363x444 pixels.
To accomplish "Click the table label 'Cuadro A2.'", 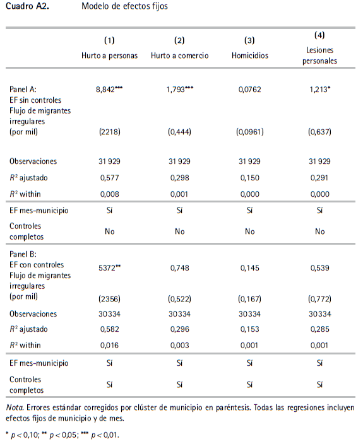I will (27, 7).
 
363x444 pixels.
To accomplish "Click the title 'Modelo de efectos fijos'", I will (124, 7).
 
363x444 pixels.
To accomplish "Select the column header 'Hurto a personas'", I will (109, 56).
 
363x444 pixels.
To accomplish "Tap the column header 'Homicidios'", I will (249, 56).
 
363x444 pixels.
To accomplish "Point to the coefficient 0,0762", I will (249, 90).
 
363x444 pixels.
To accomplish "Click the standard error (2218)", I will (109, 132).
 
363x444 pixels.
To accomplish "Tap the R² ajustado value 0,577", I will (109, 179).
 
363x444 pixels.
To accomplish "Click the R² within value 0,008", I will (109, 194).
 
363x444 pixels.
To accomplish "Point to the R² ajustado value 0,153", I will (249, 329).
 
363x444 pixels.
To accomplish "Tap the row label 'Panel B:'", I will (23, 255).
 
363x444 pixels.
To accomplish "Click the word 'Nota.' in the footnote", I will (15, 407).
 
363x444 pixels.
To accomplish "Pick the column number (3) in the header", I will (249, 40).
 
